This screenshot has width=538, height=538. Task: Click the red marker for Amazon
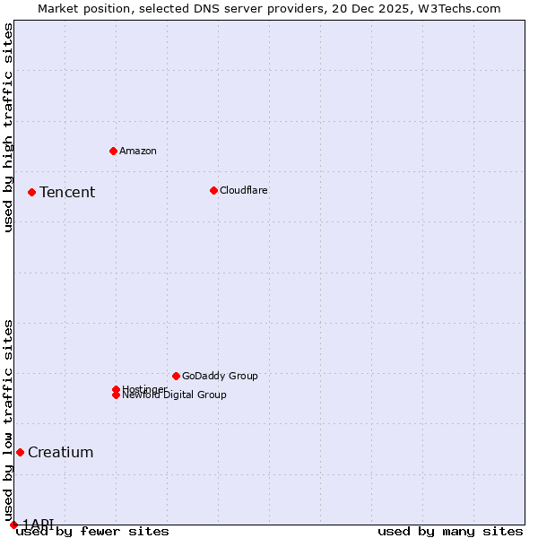point(113,151)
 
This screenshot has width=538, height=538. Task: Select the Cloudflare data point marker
point(213,190)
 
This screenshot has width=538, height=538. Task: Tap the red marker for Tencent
point(31,192)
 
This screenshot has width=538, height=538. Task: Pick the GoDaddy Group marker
point(176,376)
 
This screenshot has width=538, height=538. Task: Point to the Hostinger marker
point(116,389)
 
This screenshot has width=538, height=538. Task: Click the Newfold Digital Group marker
point(116,395)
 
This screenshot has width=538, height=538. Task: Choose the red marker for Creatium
point(20,452)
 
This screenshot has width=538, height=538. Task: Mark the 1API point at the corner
point(13,525)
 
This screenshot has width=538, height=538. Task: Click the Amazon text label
point(138,151)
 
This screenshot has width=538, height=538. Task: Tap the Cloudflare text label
point(244,190)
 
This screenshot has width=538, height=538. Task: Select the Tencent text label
point(67,192)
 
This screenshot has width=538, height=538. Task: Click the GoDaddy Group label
point(220,376)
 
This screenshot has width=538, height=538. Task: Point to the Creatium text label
point(60,452)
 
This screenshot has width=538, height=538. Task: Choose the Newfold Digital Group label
point(175,395)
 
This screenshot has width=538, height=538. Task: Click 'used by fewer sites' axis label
point(93,532)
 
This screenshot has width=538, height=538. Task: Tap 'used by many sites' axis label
point(450,532)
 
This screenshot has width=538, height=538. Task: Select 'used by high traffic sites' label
point(8,127)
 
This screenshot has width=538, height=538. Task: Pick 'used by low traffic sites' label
point(8,420)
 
